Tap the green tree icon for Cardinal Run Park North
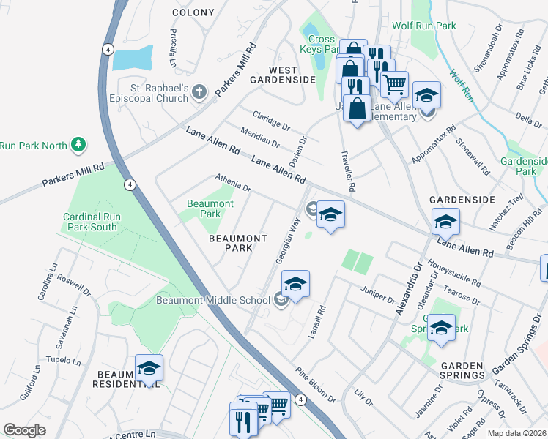point(78,145)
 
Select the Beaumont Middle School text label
point(212,299)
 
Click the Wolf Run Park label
point(423,26)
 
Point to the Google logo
point(24,430)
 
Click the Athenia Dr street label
point(233,183)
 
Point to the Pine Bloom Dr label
point(316,385)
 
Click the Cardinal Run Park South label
point(89,222)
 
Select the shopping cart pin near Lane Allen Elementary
point(395,84)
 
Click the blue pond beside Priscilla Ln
point(133,57)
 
